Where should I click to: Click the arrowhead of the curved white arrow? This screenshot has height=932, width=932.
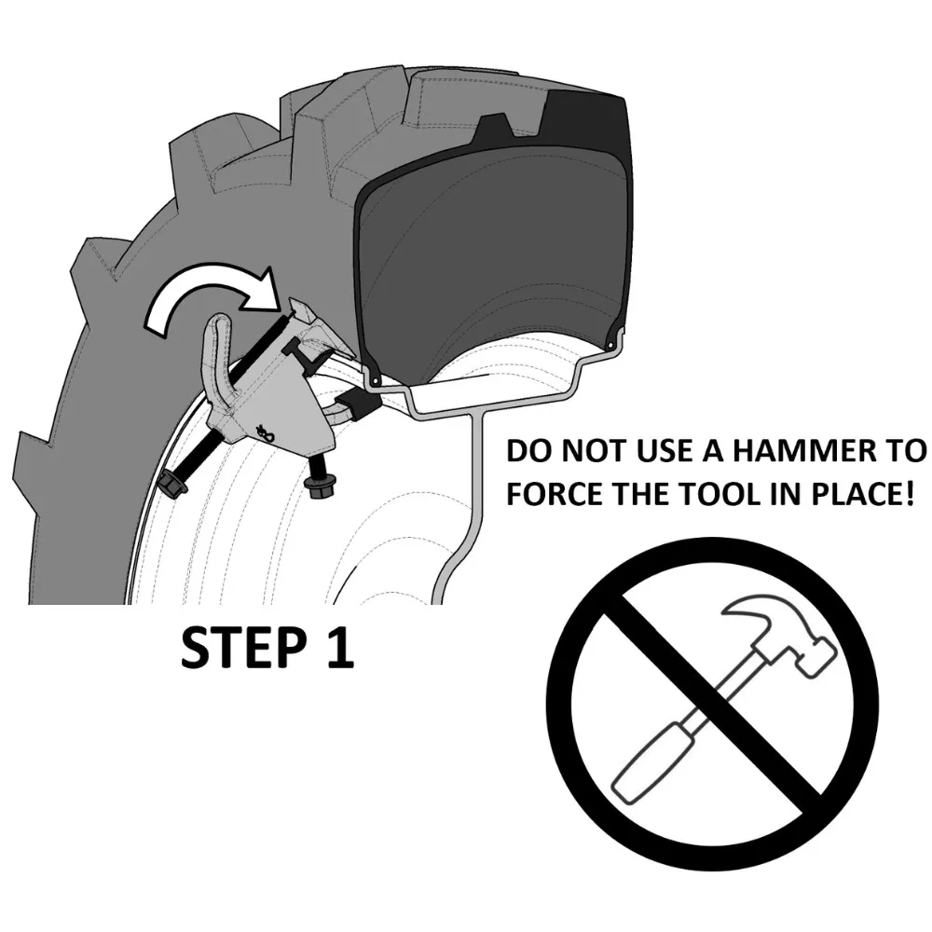[260, 290]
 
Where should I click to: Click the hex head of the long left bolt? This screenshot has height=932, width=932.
[173, 482]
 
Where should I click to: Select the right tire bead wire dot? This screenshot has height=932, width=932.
[610, 346]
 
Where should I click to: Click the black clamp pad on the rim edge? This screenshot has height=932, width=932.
[361, 404]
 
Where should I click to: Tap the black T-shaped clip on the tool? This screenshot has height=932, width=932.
[308, 359]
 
